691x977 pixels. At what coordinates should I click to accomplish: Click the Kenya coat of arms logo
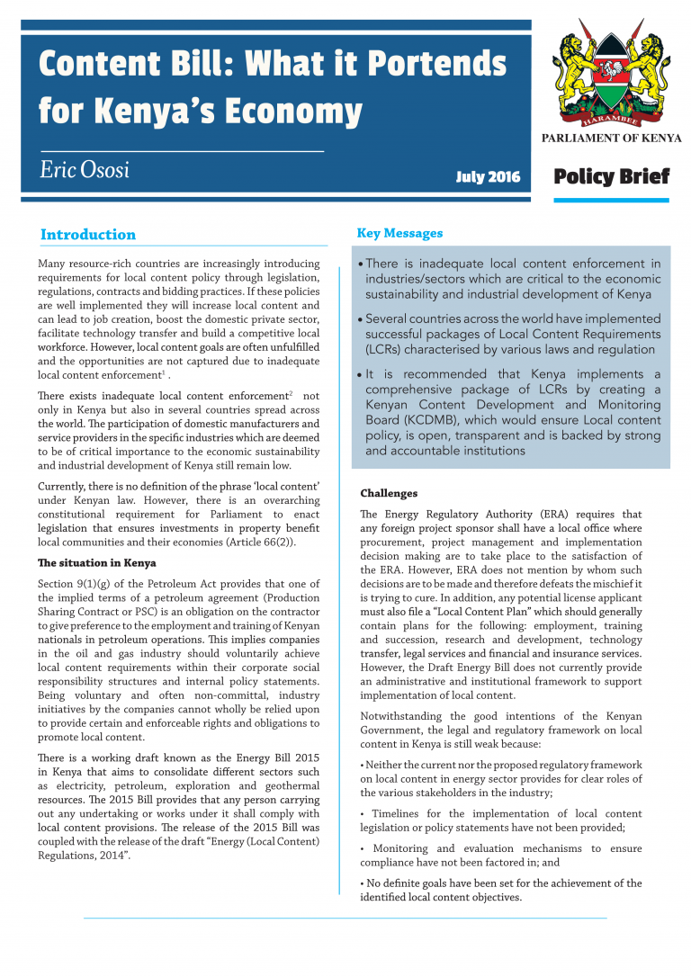point(611,76)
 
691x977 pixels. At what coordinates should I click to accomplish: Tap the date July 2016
point(488,177)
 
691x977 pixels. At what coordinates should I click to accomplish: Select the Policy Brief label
point(611,176)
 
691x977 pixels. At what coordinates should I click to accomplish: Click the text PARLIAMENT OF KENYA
point(611,139)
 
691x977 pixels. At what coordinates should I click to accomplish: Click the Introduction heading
point(88,235)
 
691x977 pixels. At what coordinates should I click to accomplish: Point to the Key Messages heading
point(399,233)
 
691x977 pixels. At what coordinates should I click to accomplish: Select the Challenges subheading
point(389,494)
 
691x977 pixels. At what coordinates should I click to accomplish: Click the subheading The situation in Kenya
point(96,563)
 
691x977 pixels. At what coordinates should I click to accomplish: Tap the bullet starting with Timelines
point(500,820)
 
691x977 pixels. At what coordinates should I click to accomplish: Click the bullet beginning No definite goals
point(500,890)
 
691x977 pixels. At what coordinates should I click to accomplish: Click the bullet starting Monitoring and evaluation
point(500,856)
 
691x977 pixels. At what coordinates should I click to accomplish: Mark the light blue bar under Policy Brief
point(611,200)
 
